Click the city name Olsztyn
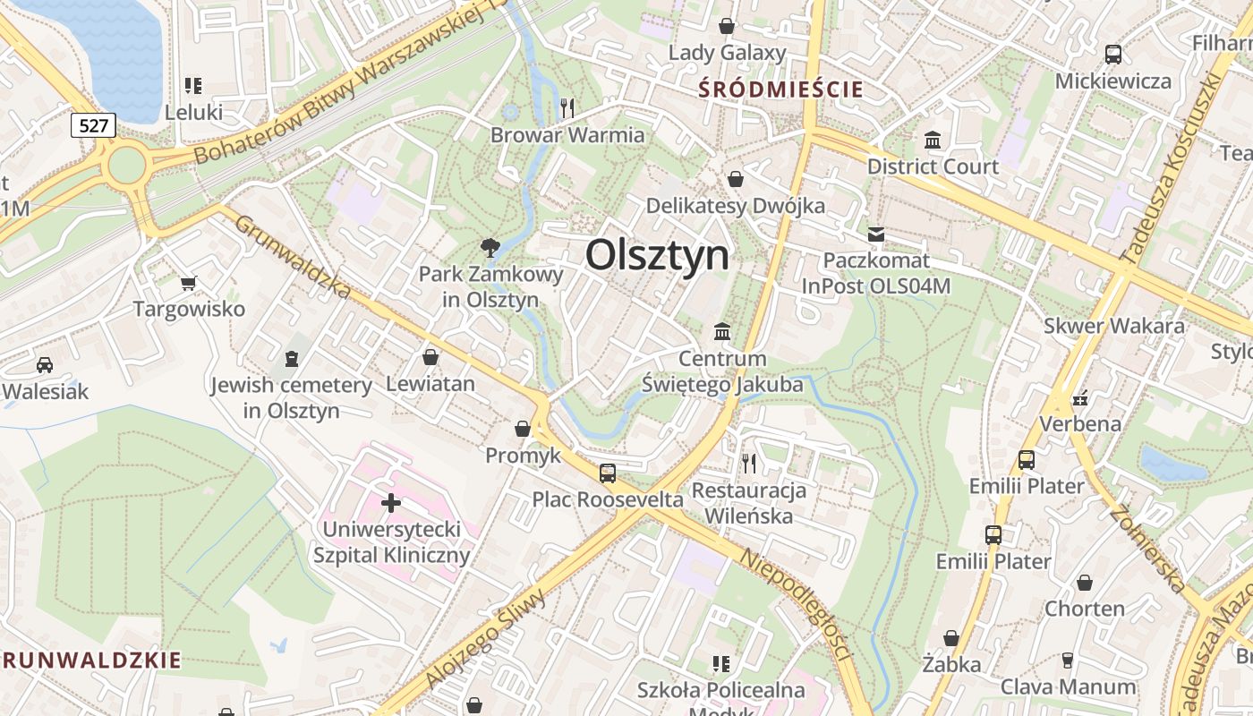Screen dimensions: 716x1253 pos(657,256)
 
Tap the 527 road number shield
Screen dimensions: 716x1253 pos(93,125)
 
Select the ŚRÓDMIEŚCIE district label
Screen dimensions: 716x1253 pos(780,89)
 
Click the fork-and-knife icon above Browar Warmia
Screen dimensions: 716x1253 pos(567,108)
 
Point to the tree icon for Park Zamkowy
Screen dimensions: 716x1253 pos(490,247)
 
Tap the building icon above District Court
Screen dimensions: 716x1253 pos(933,141)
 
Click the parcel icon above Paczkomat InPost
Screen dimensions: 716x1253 pos(876,234)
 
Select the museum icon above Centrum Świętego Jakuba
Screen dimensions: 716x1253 pos(722,332)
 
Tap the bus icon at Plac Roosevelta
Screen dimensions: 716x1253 pos(608,473)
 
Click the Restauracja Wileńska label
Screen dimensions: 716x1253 pos(749,503)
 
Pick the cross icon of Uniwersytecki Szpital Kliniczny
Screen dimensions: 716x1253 pos(391,503)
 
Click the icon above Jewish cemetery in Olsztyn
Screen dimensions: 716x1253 pos(291,359)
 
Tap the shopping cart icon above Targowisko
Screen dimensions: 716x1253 pos(188,284)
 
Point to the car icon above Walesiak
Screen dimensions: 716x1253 pos(45,365)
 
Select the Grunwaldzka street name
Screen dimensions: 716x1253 pos(293,257)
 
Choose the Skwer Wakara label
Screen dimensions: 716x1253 pos(1113,326)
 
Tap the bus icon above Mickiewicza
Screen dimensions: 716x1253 pos(1112,55)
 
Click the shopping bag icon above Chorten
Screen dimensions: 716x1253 pos(1085,584)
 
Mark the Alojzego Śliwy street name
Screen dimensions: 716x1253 pos(487,640)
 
